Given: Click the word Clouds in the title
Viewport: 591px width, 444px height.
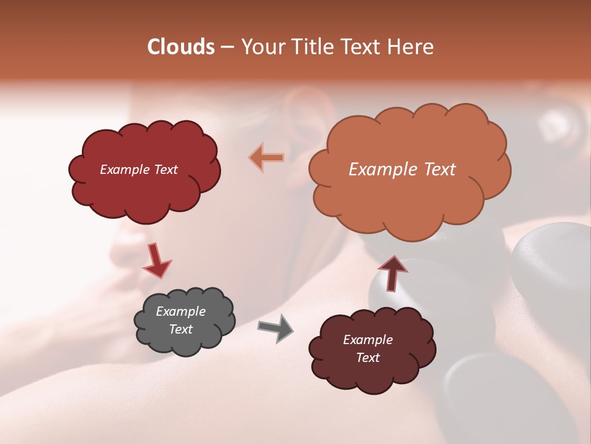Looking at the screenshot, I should coord(181,47).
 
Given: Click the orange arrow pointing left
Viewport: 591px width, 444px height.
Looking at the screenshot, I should coord(267,157).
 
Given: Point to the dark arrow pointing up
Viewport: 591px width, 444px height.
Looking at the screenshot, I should coord(392,273).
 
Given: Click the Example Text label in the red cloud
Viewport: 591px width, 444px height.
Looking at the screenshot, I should coord(139,170).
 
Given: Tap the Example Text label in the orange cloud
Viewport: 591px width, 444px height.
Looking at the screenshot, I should coord(402,170).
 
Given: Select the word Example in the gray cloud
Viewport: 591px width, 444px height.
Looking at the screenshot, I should coord(180,311).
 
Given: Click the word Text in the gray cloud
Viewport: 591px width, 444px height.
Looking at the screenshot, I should coord(180,329).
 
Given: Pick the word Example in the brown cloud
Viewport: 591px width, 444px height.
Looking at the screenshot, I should coord(368,340).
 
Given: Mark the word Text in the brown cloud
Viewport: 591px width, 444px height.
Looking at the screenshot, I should coord(368,358).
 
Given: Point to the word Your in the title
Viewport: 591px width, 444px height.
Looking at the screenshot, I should coord(260,47).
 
